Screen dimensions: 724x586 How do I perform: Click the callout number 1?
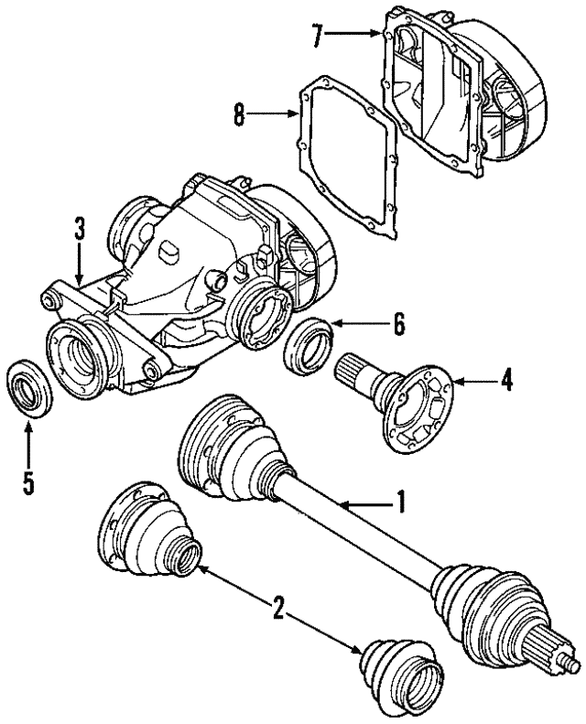[399, 502]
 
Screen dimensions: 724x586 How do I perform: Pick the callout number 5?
[28, 482]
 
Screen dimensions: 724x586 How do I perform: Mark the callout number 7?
[317, 36]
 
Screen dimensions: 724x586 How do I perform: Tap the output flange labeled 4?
[418, 406]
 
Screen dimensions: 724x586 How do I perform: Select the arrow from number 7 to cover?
[353, 36]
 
